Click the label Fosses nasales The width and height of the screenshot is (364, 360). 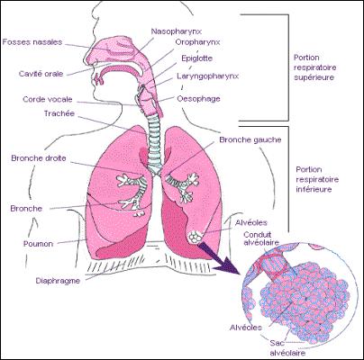(x=32, y=41)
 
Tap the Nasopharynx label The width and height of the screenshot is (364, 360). (x=177, y=31)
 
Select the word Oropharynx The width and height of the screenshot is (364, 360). (x=197, y=42)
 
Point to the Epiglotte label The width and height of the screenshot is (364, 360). (x=196, y=58)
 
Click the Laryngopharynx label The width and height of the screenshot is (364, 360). (x=207, y=76)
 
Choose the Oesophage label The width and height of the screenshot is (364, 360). (x=198, y=99)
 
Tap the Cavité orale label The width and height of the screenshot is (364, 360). (x=41, y=74)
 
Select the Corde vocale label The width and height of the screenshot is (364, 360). (x=48, y=99)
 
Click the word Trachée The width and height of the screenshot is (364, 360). (x=59, y=113)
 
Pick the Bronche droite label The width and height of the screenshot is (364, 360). (x=39, y=158)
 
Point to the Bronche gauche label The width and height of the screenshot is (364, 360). (x=250, y=139)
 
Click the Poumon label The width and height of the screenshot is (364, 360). (x=38, y=244)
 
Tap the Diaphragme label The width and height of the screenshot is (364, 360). (x=58, y=281)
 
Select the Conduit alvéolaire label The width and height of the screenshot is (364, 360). (x=261, y=238)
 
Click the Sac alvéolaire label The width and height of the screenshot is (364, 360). (x=287, y=347)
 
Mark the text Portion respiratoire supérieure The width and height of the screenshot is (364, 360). (x=314, y=67)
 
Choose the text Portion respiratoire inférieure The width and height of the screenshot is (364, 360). (x=317, y=179)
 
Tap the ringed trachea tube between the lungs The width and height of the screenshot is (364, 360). (x=154, y=143)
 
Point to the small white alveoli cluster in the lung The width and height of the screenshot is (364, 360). (x=195, y=237)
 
